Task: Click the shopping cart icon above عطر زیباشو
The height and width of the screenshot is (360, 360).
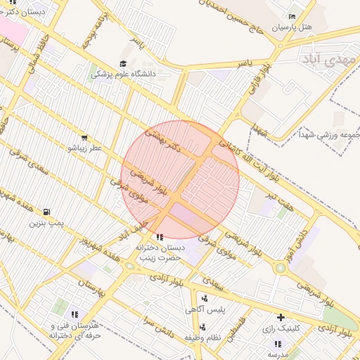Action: pos(84,138)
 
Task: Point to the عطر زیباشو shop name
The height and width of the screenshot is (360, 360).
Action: pos(84,148)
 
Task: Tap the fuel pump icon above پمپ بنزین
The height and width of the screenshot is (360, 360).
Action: pos(46,212)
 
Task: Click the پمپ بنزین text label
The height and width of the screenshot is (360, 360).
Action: pos(46,223)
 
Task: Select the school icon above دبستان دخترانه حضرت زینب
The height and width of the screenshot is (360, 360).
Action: pos(160,237)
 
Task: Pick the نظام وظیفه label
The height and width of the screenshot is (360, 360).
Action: pos(202,338)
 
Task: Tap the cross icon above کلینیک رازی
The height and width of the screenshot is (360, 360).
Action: pos(281,317)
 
